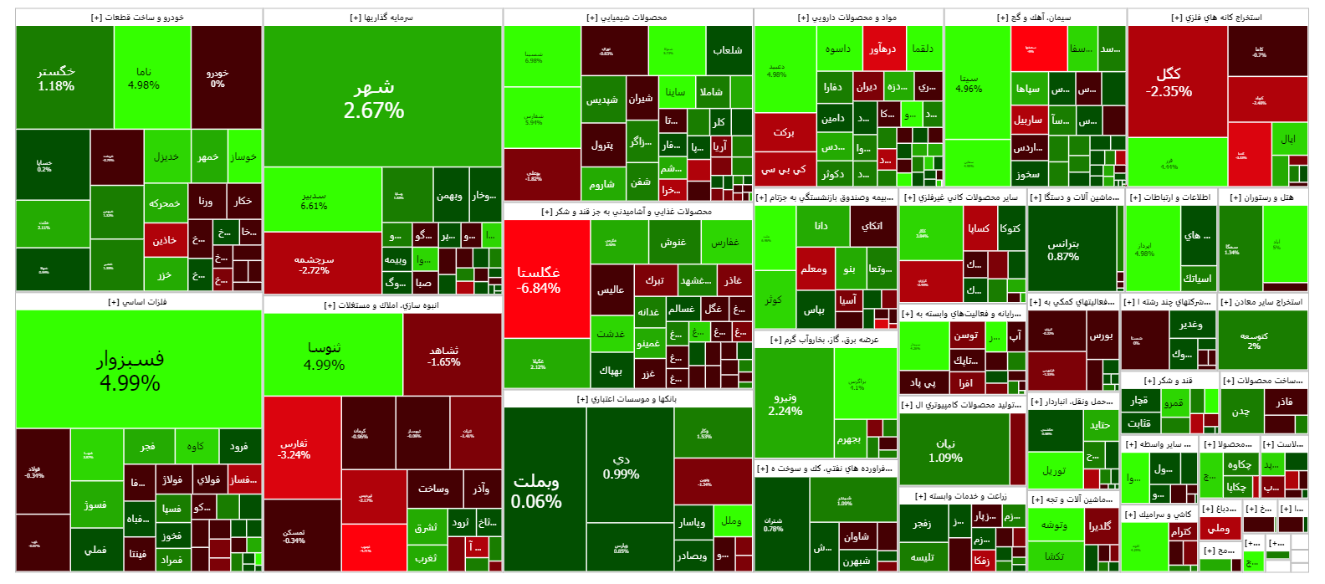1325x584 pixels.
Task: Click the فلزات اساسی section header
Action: [x=138, y=302]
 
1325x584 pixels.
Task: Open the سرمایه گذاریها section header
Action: [x=381, y=18]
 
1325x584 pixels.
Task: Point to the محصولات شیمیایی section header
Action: [x=627, y=18]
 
